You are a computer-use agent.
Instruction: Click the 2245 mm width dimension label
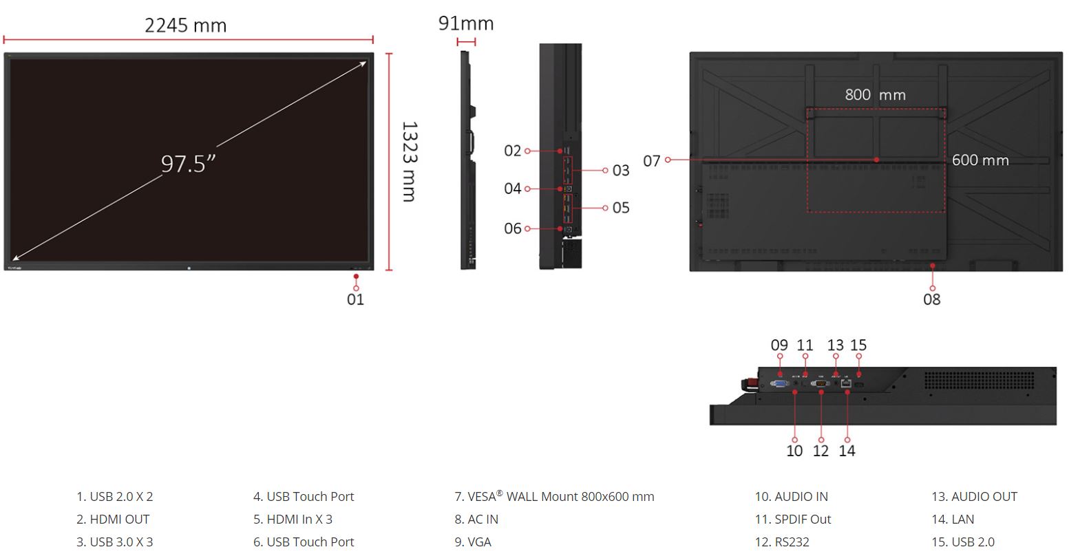coord(186,25)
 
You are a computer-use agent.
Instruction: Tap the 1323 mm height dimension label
coord(410,161)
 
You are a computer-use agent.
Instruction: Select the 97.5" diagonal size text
coord(188,164)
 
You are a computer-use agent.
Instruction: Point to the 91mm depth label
coord(466,23)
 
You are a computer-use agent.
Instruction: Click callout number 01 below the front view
coord(356,299)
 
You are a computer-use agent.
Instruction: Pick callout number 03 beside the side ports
coord(621,171)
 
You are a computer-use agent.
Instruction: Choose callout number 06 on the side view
coord(513,228)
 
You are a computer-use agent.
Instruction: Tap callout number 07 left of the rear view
coord(651,161)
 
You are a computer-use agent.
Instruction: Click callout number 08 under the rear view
coord(931,299)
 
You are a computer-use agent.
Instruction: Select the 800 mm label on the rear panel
coord(876,94)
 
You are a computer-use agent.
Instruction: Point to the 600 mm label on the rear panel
coord(980,160)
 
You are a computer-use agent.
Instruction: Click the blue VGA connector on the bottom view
coord(779,383)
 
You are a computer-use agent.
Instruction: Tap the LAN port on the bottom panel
coord(846,383)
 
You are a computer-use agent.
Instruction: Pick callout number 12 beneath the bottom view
coord(821,451)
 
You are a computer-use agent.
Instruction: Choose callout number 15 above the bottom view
coord(858,345)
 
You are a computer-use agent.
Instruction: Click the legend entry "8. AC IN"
coord(476,520)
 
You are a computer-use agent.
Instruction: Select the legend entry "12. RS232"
coord(782,542)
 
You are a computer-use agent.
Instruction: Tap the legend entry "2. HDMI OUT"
coord(113,520)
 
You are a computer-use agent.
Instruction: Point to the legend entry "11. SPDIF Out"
coord(793,520)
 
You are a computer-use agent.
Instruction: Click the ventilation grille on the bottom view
coord(980,381)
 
